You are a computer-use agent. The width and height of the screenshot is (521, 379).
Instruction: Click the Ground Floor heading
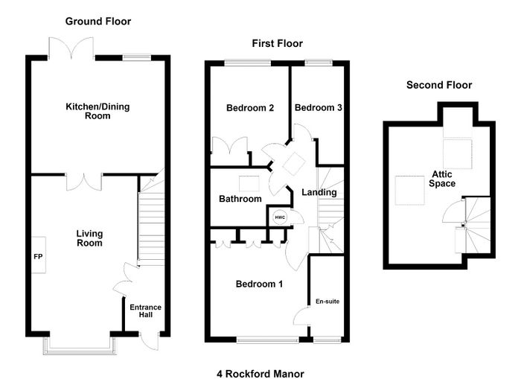[98, 22]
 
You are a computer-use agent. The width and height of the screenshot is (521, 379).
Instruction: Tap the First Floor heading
[277, 43]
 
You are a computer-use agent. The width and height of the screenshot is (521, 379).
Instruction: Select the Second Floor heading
[439, 85]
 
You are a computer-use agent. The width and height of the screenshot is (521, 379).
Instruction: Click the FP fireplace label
[38, 257]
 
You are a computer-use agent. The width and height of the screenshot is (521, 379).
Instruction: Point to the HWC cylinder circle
[280, 217]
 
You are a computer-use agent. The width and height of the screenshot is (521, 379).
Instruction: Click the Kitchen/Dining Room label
[98, 111]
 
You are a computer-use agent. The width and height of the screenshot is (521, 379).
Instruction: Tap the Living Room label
[89, 238]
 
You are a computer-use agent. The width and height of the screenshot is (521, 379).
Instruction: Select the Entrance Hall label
[146, 310]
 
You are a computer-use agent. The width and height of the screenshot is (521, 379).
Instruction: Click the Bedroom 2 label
[250, 108]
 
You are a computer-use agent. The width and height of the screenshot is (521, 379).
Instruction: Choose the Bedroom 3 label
[319, 108]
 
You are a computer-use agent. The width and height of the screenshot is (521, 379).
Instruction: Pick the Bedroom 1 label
[259, 284]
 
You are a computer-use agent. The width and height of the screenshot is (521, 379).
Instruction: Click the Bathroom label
[240, 199]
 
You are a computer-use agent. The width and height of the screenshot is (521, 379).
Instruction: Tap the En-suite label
[327, 302]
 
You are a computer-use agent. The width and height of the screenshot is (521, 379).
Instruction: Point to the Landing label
[319, 192]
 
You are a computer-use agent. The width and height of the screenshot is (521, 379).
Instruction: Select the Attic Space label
[442, 179]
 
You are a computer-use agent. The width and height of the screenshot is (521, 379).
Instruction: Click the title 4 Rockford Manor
[260, 374]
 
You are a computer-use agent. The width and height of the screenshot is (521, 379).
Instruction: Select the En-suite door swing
[301, 317]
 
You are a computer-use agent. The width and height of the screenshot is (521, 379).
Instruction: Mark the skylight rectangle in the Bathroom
[249, 184]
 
